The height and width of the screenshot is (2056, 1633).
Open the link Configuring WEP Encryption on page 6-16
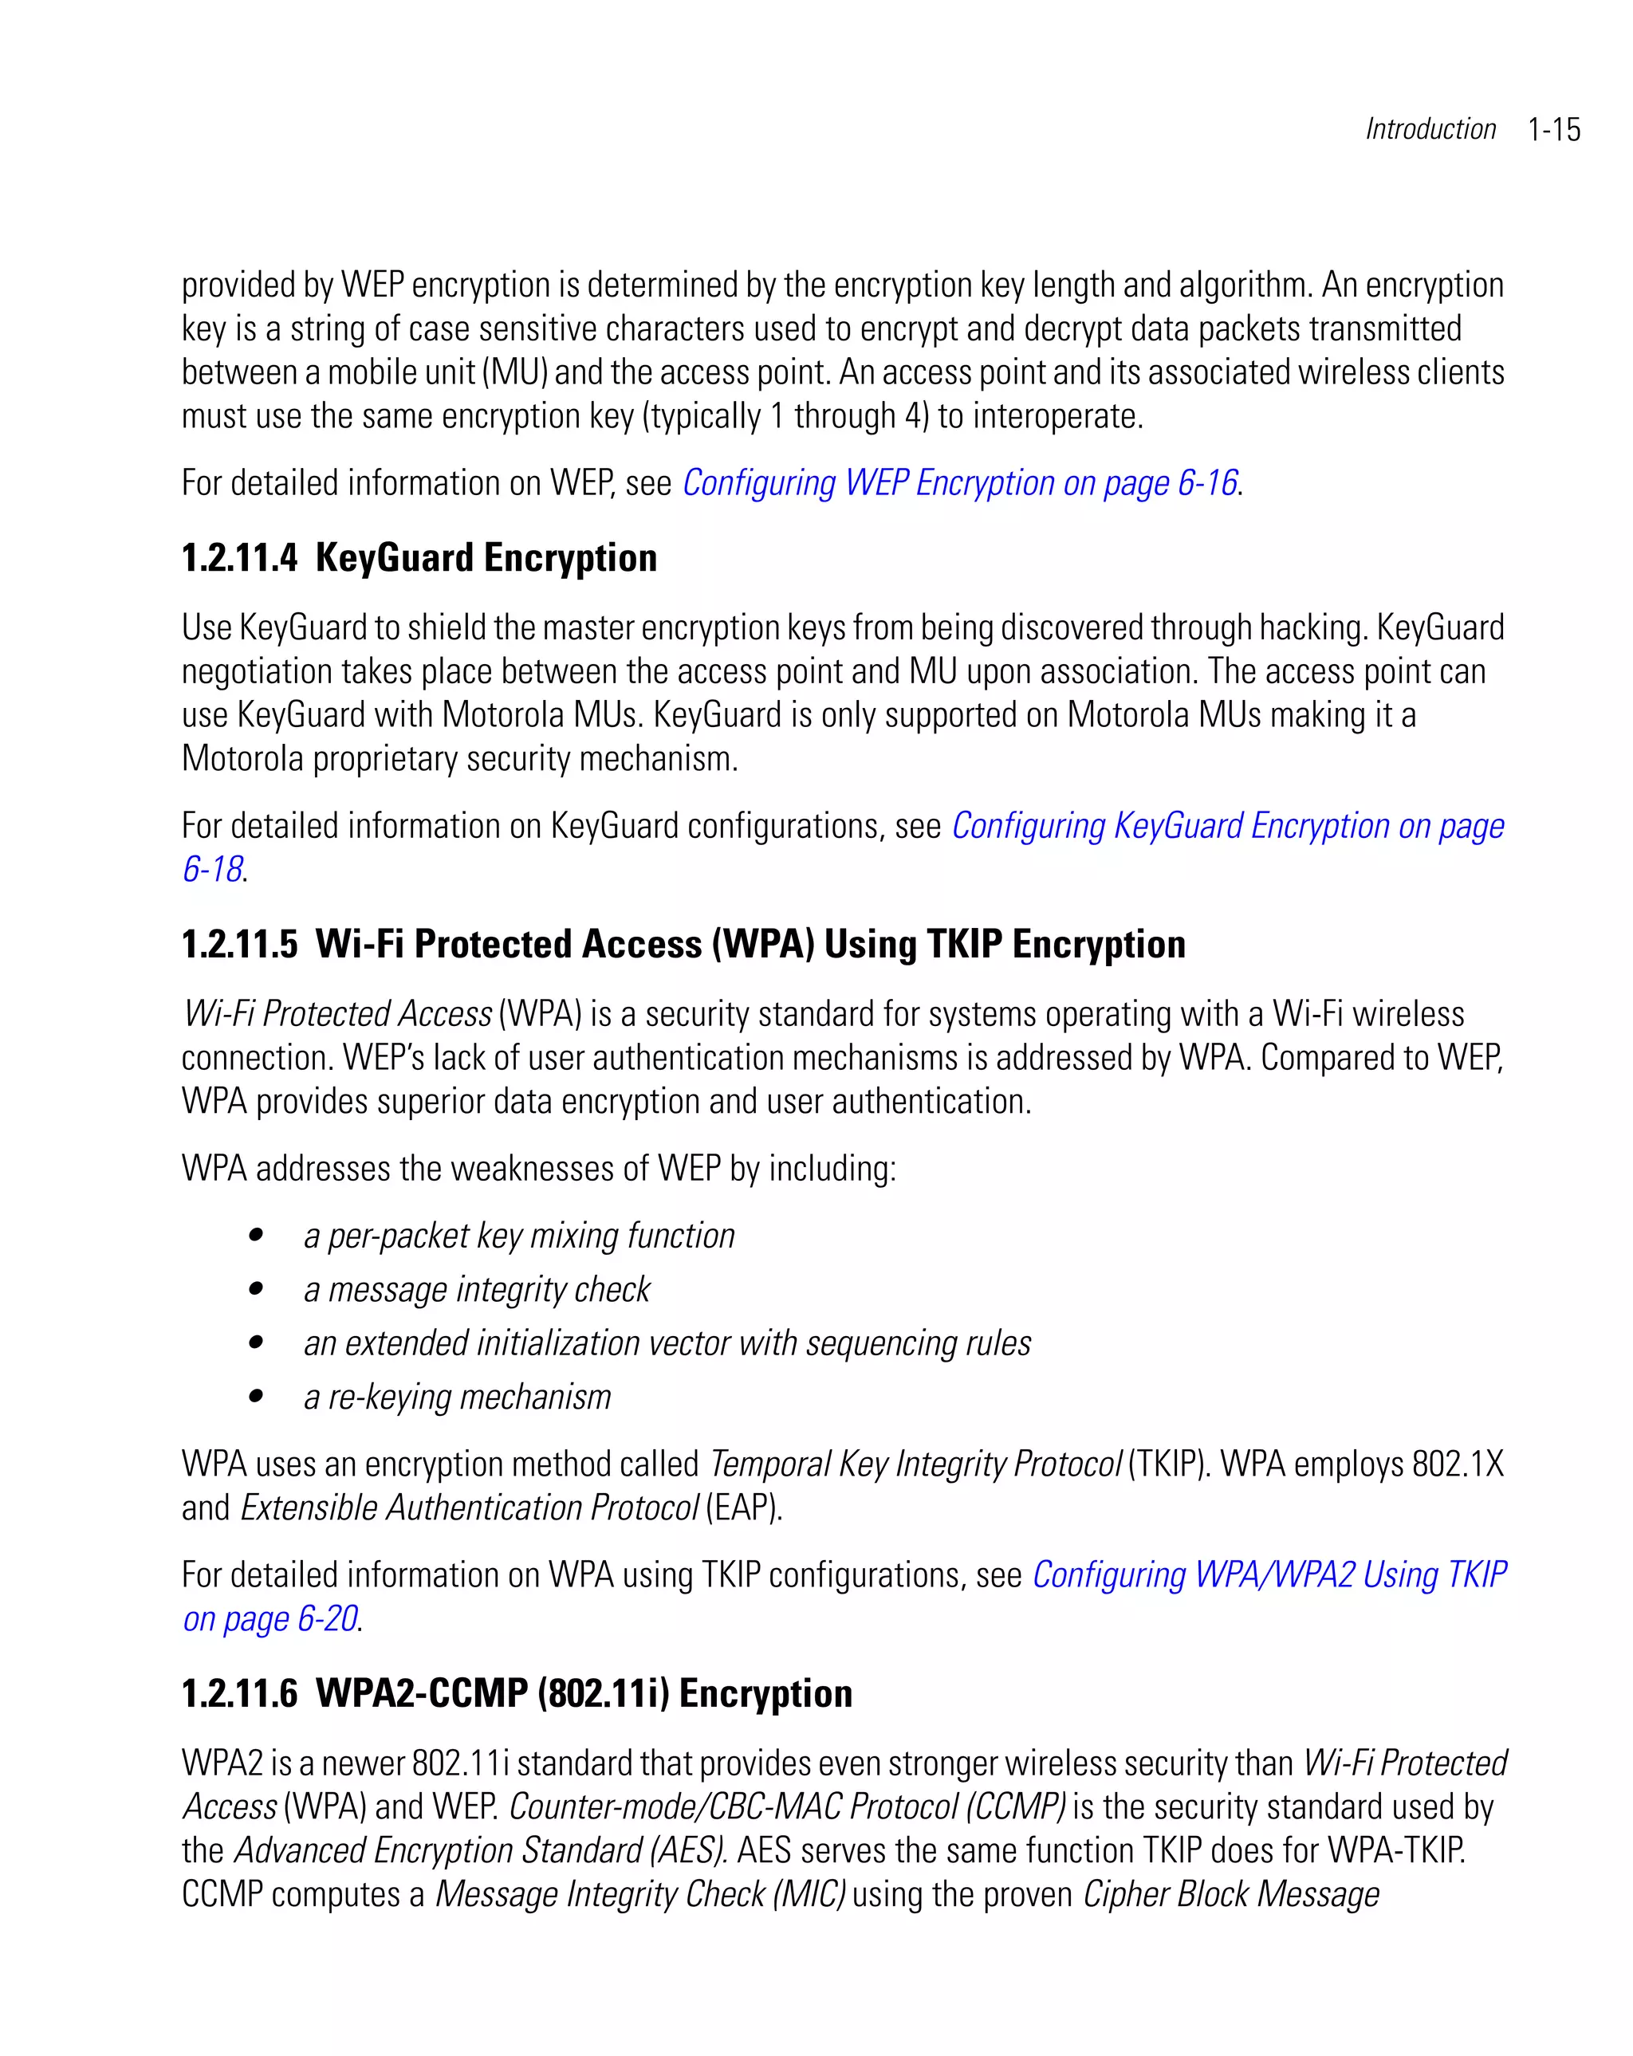(959, 483)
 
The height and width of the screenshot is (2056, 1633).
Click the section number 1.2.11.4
(239, 559)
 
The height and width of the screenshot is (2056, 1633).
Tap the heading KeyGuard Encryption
(486, 559)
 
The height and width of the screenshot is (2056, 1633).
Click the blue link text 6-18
(212, 870)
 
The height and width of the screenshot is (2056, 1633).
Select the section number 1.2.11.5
(239, 944)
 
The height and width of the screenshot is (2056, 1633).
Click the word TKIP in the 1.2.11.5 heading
(963, 944)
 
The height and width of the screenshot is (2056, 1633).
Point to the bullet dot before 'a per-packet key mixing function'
(256, 1236)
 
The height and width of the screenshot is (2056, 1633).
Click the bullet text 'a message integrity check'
(476, 1290)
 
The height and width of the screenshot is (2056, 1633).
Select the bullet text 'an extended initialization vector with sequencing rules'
(667, 1343)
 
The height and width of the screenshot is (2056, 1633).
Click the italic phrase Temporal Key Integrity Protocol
(915, 1464)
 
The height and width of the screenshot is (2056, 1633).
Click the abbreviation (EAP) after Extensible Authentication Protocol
(742, 1508)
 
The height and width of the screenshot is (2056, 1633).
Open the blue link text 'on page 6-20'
(271, 1619)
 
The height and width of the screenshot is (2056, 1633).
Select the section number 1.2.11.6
(239, 1693)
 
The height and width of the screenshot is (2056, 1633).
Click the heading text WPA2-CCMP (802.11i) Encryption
(584, 1693)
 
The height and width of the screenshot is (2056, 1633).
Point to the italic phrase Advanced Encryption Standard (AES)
(481, 1851)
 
